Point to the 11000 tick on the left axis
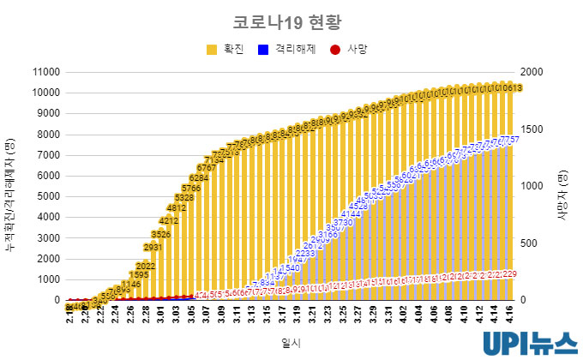tap(43, 72)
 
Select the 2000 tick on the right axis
tap(533, 72)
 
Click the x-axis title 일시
tap(291, 341)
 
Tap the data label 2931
tap(153, 248)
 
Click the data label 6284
tap(199, 178)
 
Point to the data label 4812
tap(176, 207)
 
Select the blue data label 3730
tap(343, 223)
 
